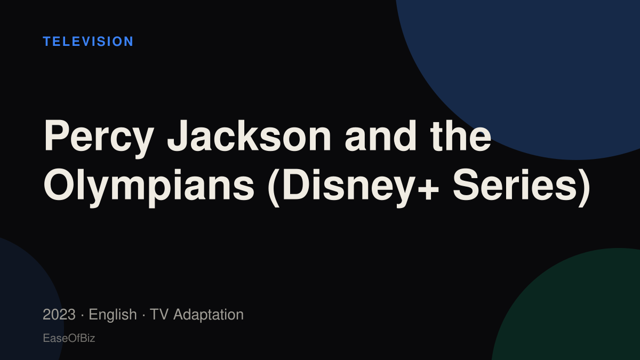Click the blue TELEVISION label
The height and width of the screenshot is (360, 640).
(88, 42)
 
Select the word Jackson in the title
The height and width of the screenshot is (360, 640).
(249, 135)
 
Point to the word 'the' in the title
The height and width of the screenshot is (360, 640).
(461, 135)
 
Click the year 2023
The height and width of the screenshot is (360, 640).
(59, 315)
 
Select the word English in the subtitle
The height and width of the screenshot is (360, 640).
(113, 315)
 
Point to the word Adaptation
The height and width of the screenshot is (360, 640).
(209, 315)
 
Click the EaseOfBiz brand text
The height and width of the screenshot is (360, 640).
(69, 338)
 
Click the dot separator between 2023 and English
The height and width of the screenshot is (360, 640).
(82, 315)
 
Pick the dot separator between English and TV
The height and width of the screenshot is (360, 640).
(143, 315)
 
